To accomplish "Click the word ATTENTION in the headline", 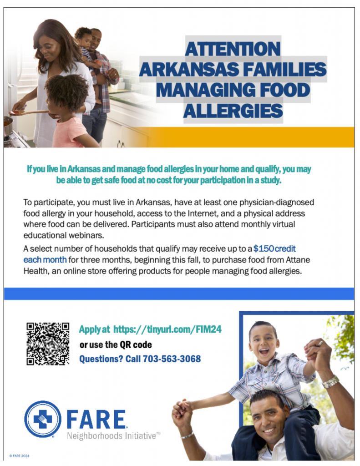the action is pos(233,49).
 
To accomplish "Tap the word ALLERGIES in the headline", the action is pos(233,111).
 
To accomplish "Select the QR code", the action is pos(48,344).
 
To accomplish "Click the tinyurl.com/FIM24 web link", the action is pos(167,329).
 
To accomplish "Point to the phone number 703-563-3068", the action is pos(172,359).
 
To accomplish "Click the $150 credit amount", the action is pos(274,248).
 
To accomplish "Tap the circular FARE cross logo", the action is pos(43,419).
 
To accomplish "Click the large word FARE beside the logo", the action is pos(96,419).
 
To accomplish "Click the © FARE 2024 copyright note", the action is pos(19,456).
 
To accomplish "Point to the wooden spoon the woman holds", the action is pos(29,112).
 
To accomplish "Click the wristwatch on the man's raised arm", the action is pos(330,382).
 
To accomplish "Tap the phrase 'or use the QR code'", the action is pos(116,345).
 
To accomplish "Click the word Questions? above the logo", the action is pos(101,359).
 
